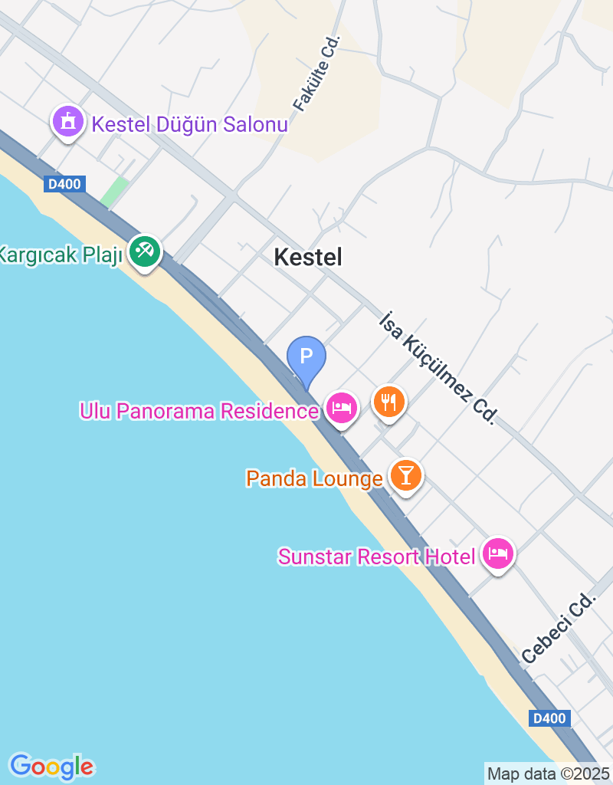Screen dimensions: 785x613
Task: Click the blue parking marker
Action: point(306,357)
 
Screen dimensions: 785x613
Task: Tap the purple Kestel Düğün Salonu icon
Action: point(68,123)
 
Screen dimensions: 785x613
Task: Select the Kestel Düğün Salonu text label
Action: point(189,124)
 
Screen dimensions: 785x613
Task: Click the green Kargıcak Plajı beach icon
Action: point(144,251)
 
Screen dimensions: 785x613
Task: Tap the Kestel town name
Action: point(308,258)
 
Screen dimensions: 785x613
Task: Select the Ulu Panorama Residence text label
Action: point(198,411)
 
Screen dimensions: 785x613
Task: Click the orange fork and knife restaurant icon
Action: point(389,400)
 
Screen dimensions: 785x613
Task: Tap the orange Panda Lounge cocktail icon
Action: point(405,475)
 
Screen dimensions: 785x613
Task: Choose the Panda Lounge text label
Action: point(314,479)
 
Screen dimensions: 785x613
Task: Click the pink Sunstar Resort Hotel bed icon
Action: point(498,553)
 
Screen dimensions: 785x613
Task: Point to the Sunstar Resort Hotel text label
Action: point(376,557)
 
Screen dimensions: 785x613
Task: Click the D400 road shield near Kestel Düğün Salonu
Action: point(64,184)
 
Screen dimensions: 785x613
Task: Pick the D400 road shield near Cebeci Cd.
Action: point(549,718)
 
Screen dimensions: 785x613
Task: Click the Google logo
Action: point(51,766)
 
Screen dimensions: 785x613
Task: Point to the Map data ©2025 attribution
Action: point(549,774)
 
